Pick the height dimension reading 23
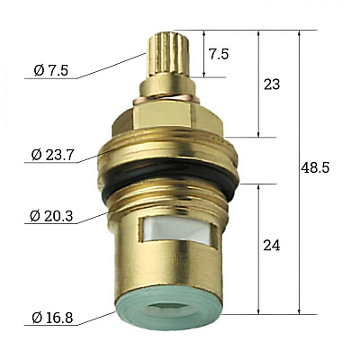[270, 85]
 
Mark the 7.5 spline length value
[219, 54]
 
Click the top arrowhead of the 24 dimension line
[260, 187]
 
